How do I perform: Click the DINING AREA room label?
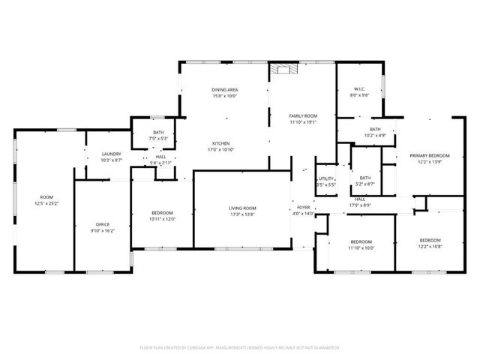click(x=225, y=89)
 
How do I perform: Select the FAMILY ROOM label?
click(x=303, y=115)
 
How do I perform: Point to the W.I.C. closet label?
click(x=361, y=89)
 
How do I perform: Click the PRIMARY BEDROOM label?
click(x=424, y=156)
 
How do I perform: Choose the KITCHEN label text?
click(x=220, y=143)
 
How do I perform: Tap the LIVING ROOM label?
click(x=242, y=208)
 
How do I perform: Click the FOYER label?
click(x=303, y=208)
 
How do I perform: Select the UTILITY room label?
click(x=325, y=178)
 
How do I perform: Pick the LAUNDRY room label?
click(x=111, y=154)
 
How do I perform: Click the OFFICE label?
click(x=103, y=225)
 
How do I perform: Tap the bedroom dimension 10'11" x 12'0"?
click(x=162, y=219)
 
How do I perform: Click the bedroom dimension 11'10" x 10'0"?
click(x=361, y=247)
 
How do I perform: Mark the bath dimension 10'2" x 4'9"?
click(x=375, y=135)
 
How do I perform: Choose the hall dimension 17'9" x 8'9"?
click(x=360, y=205)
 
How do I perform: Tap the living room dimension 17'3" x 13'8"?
click(x=242, y=214)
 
